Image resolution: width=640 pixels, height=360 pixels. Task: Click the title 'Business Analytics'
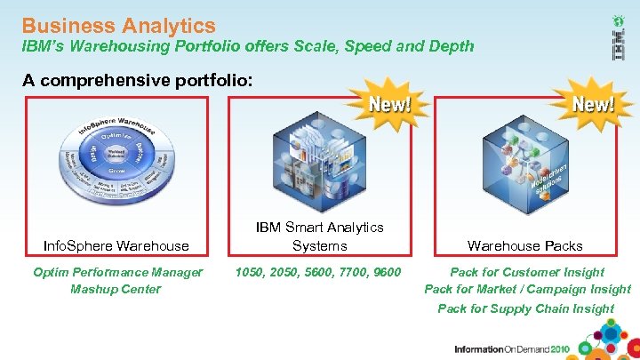tap(118, 26)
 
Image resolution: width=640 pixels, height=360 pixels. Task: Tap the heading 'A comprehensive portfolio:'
tap(138, 81)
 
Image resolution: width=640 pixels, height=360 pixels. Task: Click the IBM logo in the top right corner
tap(618, 40)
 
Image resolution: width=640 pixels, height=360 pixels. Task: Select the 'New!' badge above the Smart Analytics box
tap(390, 104)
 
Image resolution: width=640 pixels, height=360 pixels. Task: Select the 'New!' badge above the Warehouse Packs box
tap(593, 104)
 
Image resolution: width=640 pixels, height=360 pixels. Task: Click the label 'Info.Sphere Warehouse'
tap(116, 245)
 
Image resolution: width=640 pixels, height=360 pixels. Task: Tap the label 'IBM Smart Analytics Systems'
tap(319, 236)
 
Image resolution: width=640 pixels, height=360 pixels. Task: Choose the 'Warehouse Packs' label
tap(526, 245)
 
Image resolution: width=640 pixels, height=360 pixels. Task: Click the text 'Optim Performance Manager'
tap(116, 272)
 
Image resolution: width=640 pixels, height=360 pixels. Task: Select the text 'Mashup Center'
tap(116, 289)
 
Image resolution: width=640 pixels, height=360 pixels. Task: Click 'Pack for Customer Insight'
tap(527, 272)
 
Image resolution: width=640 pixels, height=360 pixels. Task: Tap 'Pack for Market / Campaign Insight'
tap(527, 289)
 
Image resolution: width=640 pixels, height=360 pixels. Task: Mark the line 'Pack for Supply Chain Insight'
tap(525, 308)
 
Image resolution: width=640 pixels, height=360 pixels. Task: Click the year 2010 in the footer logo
tap(556, 349)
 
